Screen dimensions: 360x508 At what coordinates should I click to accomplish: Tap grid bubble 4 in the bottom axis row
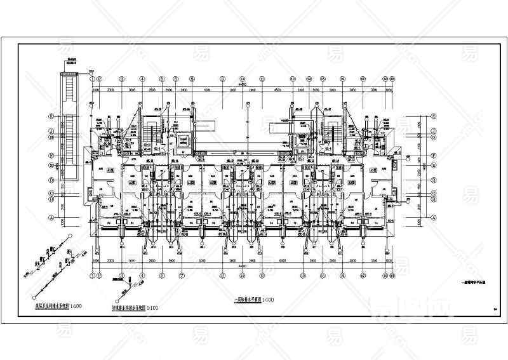142,275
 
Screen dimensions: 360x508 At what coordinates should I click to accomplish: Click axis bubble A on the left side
50,217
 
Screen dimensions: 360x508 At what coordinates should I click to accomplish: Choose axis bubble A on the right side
432,217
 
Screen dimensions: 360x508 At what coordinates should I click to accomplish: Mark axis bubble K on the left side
50,117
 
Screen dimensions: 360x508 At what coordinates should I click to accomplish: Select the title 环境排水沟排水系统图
124,307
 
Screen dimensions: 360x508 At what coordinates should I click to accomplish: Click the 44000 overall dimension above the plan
243,84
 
